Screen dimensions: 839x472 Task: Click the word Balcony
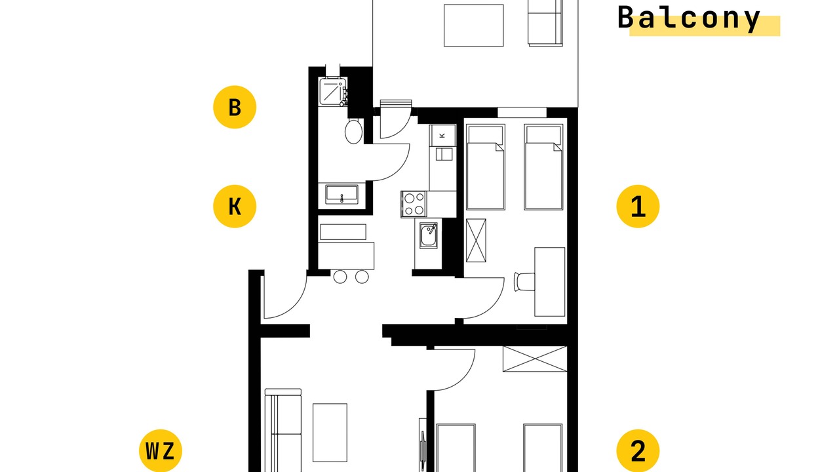[688, 18]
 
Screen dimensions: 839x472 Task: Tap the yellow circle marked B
[235, 107]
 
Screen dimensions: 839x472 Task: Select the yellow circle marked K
[235, 206]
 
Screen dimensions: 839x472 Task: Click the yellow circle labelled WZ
[161, 450]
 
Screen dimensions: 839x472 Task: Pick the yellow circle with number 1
[638, 206]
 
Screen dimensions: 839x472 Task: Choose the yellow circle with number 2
[638, 450]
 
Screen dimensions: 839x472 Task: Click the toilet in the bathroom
[353, 131]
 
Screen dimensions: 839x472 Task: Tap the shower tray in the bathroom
[331, 91]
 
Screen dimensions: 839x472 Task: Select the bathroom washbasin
[341, 195]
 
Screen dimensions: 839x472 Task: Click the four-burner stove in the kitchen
[414, 204]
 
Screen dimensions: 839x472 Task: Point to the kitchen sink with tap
[428, 235]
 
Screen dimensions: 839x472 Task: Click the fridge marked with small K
[442, 135]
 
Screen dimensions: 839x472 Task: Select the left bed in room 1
[486, 167]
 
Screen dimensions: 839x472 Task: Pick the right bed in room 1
[543, 167]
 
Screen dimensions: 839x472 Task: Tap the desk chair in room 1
[524, 282]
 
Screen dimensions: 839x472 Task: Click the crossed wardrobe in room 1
[476, 241]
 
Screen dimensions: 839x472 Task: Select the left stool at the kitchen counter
[340, 277]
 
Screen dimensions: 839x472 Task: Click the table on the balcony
[473, 26]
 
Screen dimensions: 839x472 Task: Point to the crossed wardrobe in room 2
[534, 359]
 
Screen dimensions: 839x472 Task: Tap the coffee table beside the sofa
[330, 433]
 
